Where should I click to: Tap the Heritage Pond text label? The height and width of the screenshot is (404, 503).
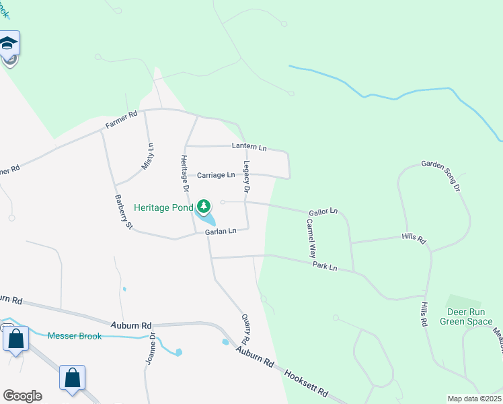pos(163,207)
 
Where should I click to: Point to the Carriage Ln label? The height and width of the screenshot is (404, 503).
pos(216,175)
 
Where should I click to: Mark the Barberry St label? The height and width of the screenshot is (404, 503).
pos(123,212)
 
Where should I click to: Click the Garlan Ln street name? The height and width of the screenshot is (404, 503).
pos(221,231)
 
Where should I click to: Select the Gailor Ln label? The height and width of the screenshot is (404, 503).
pos(323,211)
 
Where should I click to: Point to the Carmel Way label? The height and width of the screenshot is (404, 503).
pos(311,239)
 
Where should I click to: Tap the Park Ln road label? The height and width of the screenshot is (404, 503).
pos(325,267)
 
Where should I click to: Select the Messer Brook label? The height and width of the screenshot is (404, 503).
pos(75,335)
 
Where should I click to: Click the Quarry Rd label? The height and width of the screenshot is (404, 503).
pos(245,329)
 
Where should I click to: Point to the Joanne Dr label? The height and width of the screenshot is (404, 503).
pos(151,349)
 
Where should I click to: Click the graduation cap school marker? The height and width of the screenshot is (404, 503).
pos(9,44)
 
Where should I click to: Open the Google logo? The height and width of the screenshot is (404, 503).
pos(22,396)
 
